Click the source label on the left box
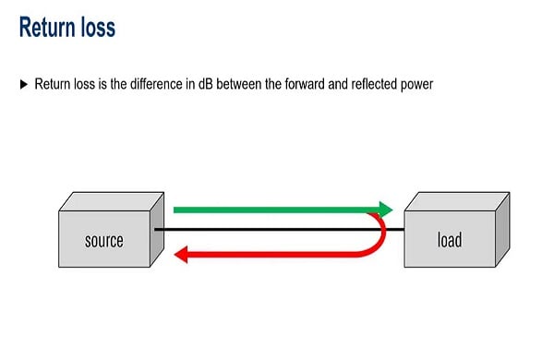pyautogui.click(x=103, y=241)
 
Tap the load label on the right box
pyautogui.click(x=449, y=241)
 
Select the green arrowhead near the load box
pyautogui.click(x=382, y=209)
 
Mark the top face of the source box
pyautogui.click(x=111, y=202)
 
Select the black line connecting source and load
pyautogui.click(x=277, y=229)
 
